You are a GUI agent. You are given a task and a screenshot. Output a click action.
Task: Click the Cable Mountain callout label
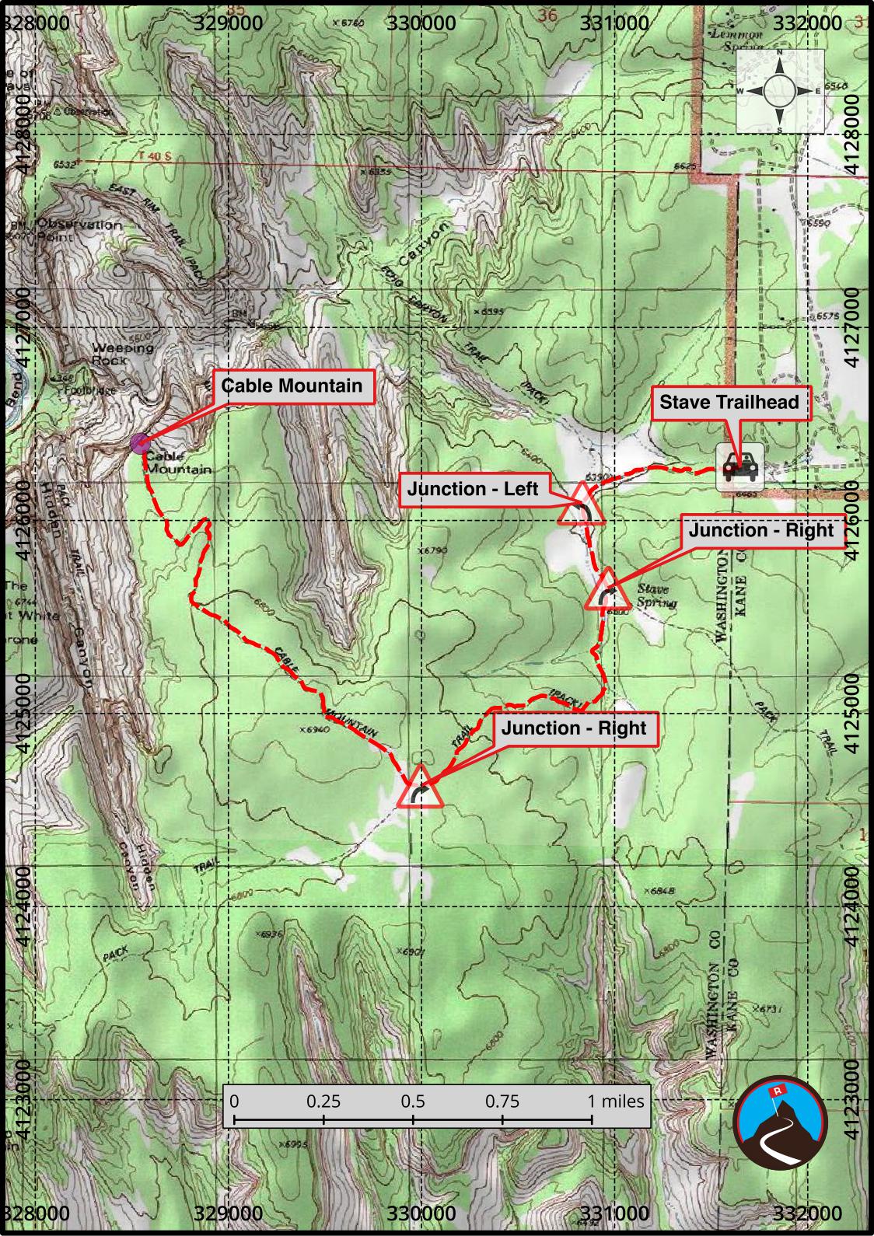pyautogui.click(x=292, y=386)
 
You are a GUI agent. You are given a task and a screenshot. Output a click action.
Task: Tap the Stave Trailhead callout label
pyautogui.click(x=729, y=403)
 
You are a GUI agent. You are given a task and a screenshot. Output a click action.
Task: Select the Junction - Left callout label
pyautogui.click(x=472, y=489)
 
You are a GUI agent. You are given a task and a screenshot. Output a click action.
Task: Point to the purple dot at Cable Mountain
pyautogui.click(x=140, y=444)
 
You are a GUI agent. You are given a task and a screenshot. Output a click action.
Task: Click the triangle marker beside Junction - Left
pyautogui.click(x=582, y=507)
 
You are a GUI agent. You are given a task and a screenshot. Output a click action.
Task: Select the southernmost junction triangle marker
pyautogui.click(x=420, y=788)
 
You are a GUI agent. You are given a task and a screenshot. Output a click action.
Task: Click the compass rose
pyautogui.click(x=780, y=91)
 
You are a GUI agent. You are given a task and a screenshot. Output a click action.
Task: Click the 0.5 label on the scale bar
pyautogui.click(x=413, y=1102)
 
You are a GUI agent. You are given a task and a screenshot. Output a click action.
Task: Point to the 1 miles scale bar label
pyautogui.click(x=615, y=1102)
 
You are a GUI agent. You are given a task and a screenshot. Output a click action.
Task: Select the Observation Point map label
pyautogui.click(x=78, y=230)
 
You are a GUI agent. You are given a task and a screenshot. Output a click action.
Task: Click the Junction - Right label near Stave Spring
pyautogui.click(x=760, y=531)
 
